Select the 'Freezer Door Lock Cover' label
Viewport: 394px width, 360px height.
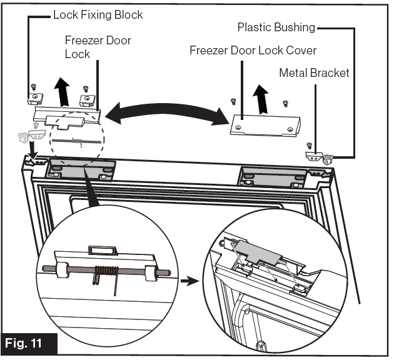(x=253, y=49)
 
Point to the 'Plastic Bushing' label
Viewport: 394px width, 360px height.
(x=275, y=27)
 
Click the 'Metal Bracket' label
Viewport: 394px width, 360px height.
(x=314, y=73)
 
